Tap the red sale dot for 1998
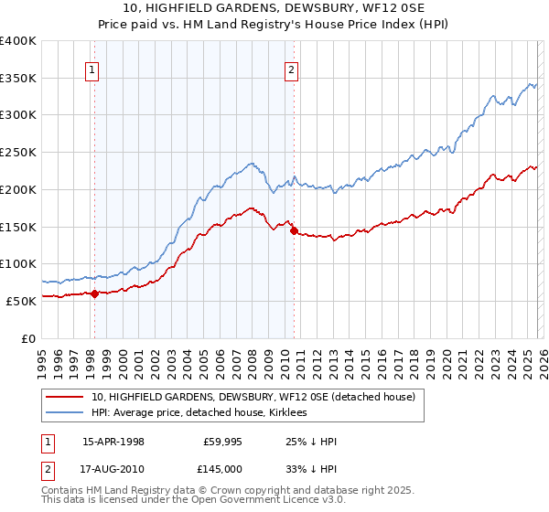pos(94,293)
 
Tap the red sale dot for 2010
pos(294,230)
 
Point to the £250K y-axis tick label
pos(18,153)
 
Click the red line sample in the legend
pos(64,397)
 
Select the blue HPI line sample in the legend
pos(64,413)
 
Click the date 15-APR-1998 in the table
pos(113,443)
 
